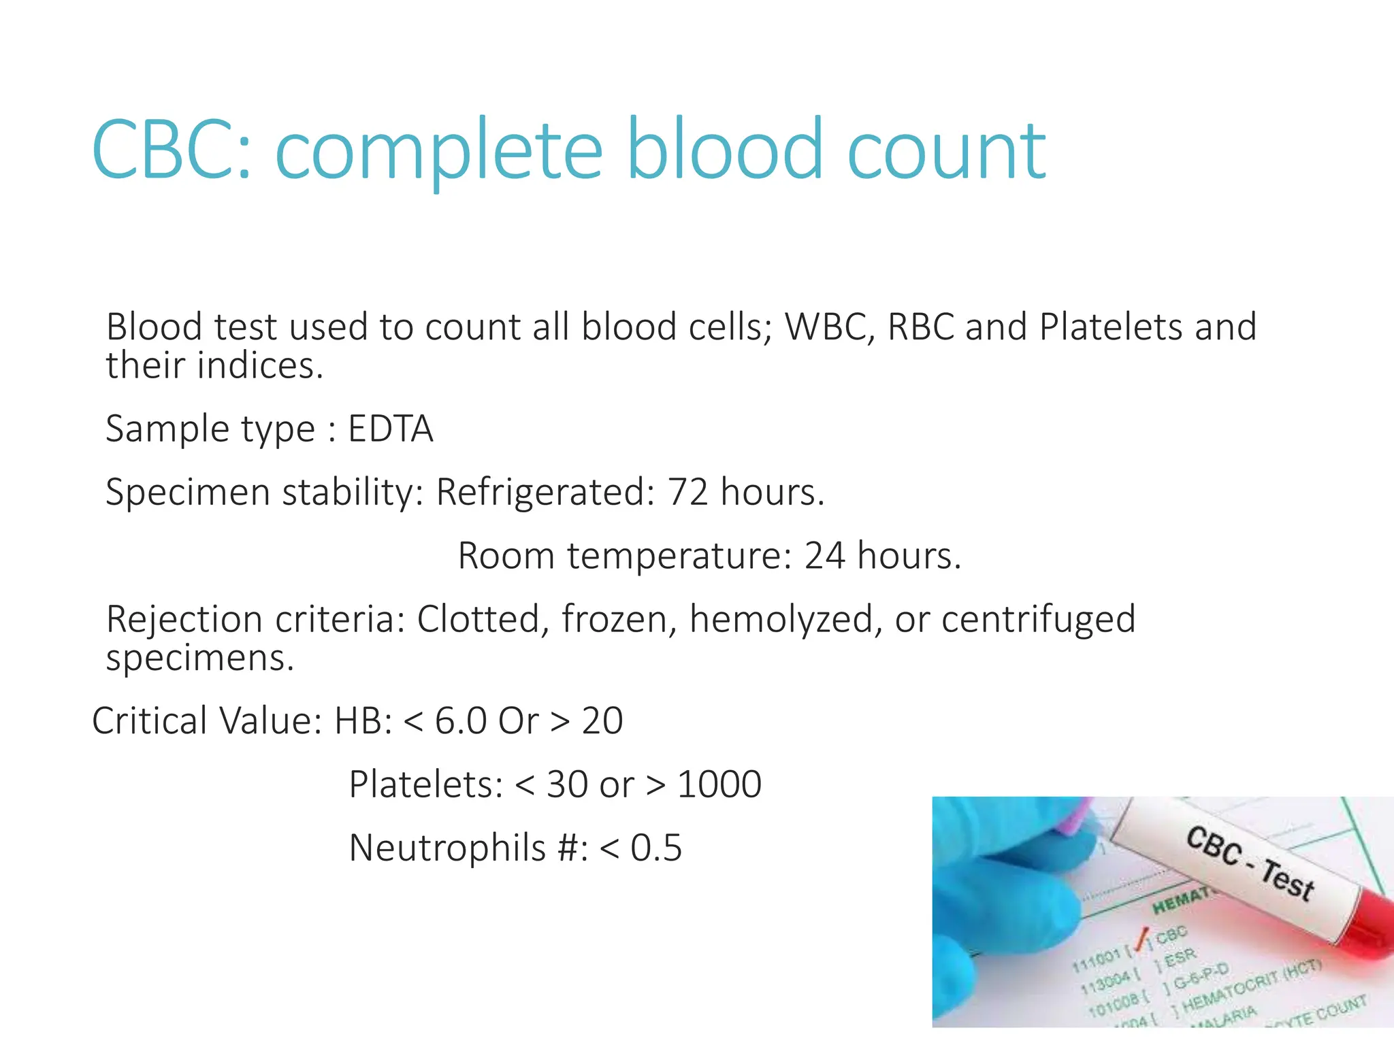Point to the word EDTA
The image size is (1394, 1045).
pyautogui.click(x=390, y=429)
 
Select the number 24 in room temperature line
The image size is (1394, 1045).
pyautogui.click(x=825, y=556)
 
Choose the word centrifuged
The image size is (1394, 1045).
pyautogui.click(x=1038, y=620)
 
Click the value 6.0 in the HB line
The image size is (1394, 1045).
pyautogui.click(x=460, y=721)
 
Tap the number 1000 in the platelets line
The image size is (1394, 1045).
pyautogui.click(x=719, y=784)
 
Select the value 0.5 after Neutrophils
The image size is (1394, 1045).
pyautogui.click(x=655, y=848)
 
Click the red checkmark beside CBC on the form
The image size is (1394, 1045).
pyautogui.click(x=1143, y=939)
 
